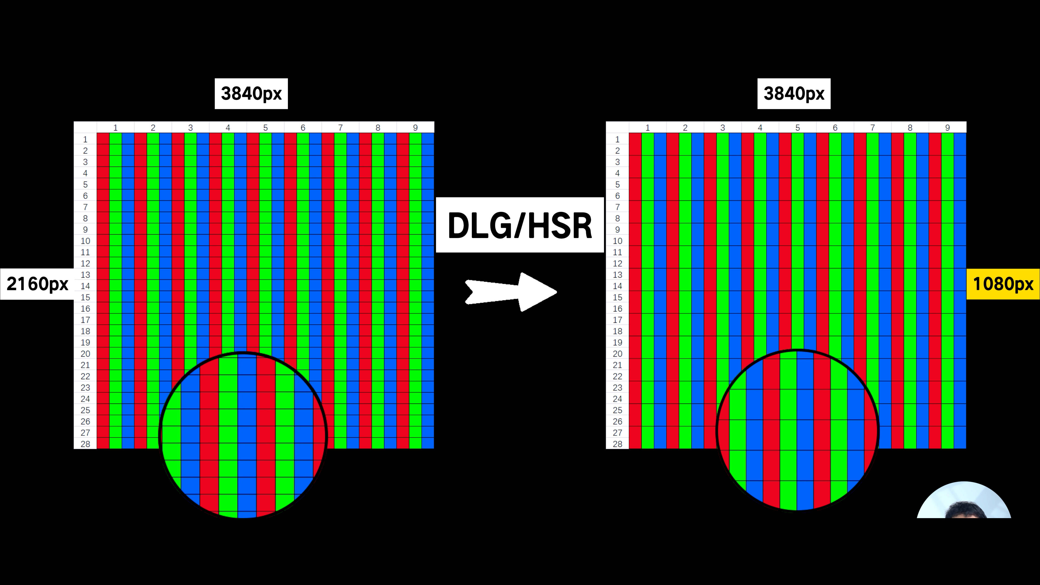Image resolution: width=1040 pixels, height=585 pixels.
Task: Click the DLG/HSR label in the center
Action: click(x=520, y=225)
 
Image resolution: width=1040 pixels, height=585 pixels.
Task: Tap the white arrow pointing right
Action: click(x=511, y=292)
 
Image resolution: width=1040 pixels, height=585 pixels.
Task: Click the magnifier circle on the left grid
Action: click(x=243, y=435)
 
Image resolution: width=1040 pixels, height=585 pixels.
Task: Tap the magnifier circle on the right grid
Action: click(x=798, y=430)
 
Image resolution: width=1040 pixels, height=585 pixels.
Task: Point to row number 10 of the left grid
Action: click(x=85, y=241)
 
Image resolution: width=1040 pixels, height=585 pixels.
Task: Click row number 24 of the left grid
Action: click(x=85, y=399)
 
